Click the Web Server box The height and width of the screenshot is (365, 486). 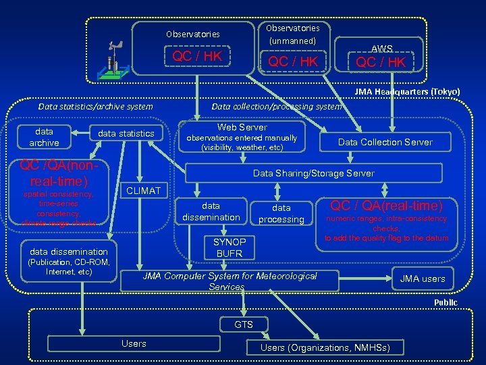coord(242,137)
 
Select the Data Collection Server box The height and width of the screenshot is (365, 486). coord(385,142)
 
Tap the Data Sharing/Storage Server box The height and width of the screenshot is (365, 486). coord(313,173)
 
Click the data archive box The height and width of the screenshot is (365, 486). coord(45,137)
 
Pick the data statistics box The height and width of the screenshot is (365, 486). coord(126,134)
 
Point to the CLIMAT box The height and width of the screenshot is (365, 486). coord(144,191)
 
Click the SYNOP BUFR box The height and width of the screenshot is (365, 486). coord(230,247)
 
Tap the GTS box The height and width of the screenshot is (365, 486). coord(244,325)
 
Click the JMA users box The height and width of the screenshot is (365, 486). coord(423,278)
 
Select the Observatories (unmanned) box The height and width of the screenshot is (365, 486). coord(292,47)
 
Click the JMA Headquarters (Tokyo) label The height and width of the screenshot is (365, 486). coord(408,92)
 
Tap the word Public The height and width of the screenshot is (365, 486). coord(445,302)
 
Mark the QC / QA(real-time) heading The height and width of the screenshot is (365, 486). coord(386,205)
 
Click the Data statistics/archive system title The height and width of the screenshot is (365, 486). coord(95,106)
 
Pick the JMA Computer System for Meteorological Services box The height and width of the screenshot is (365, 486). coord(230,281)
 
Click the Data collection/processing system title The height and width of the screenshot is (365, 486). coord(277,106)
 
